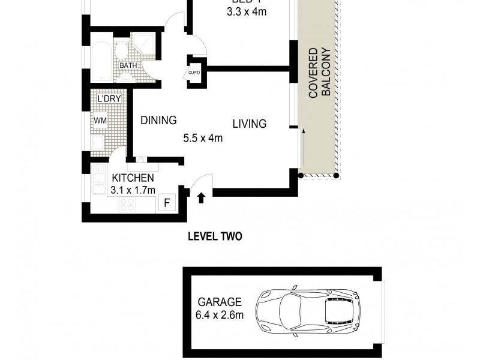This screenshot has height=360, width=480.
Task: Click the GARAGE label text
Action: tap(220, 302)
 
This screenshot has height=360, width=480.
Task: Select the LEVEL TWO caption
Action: tap(215, 236)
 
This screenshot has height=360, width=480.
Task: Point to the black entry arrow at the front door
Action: tap(201, 196)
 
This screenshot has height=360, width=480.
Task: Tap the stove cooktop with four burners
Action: tap(128, 204)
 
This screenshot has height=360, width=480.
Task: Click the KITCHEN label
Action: tap(133, 178)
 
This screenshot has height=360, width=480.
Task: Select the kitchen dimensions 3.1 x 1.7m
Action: tap(133, 190)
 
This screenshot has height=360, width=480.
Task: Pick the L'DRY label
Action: tap(106, 98)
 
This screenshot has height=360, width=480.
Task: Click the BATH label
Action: tap(127, 67)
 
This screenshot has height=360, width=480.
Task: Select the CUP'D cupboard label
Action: tap(194, 73)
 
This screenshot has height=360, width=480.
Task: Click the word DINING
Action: tap(158, 121)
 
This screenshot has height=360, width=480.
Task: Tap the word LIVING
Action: tap(250, 124)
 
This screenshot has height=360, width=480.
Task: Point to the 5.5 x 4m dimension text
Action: tap(203, 138)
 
